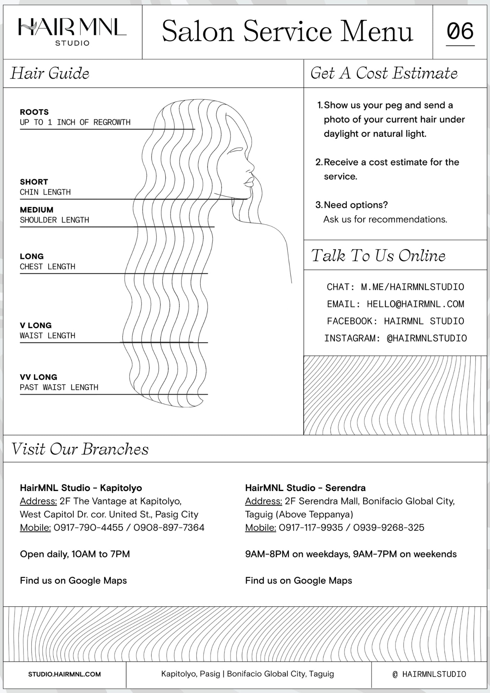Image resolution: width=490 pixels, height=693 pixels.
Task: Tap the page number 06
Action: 460,31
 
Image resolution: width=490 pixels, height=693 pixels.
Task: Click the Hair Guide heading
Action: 50,73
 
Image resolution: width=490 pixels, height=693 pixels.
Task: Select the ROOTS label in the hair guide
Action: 34,112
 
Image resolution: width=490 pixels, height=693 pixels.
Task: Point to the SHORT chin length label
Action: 34,182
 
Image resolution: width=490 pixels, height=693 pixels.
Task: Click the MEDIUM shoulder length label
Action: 37,210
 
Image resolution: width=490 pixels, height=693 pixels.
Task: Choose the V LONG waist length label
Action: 36,326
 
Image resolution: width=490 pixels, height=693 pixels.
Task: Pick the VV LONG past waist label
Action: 38,377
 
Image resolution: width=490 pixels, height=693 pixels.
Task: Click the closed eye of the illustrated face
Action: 237,150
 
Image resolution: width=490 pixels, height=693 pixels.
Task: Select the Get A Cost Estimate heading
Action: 384,73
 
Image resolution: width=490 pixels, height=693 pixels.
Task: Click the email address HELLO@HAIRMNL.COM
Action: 415,304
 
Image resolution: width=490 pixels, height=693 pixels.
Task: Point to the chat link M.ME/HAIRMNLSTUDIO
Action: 412,287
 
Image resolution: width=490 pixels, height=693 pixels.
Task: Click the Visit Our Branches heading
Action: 80,449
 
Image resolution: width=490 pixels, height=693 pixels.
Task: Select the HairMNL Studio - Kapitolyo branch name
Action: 81,488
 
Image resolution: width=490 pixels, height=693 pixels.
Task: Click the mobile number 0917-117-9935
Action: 311,528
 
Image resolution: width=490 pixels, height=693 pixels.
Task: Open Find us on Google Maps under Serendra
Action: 298,581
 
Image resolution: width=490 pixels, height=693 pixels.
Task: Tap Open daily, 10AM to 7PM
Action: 75,554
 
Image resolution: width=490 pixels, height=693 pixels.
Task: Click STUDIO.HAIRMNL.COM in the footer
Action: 64,674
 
